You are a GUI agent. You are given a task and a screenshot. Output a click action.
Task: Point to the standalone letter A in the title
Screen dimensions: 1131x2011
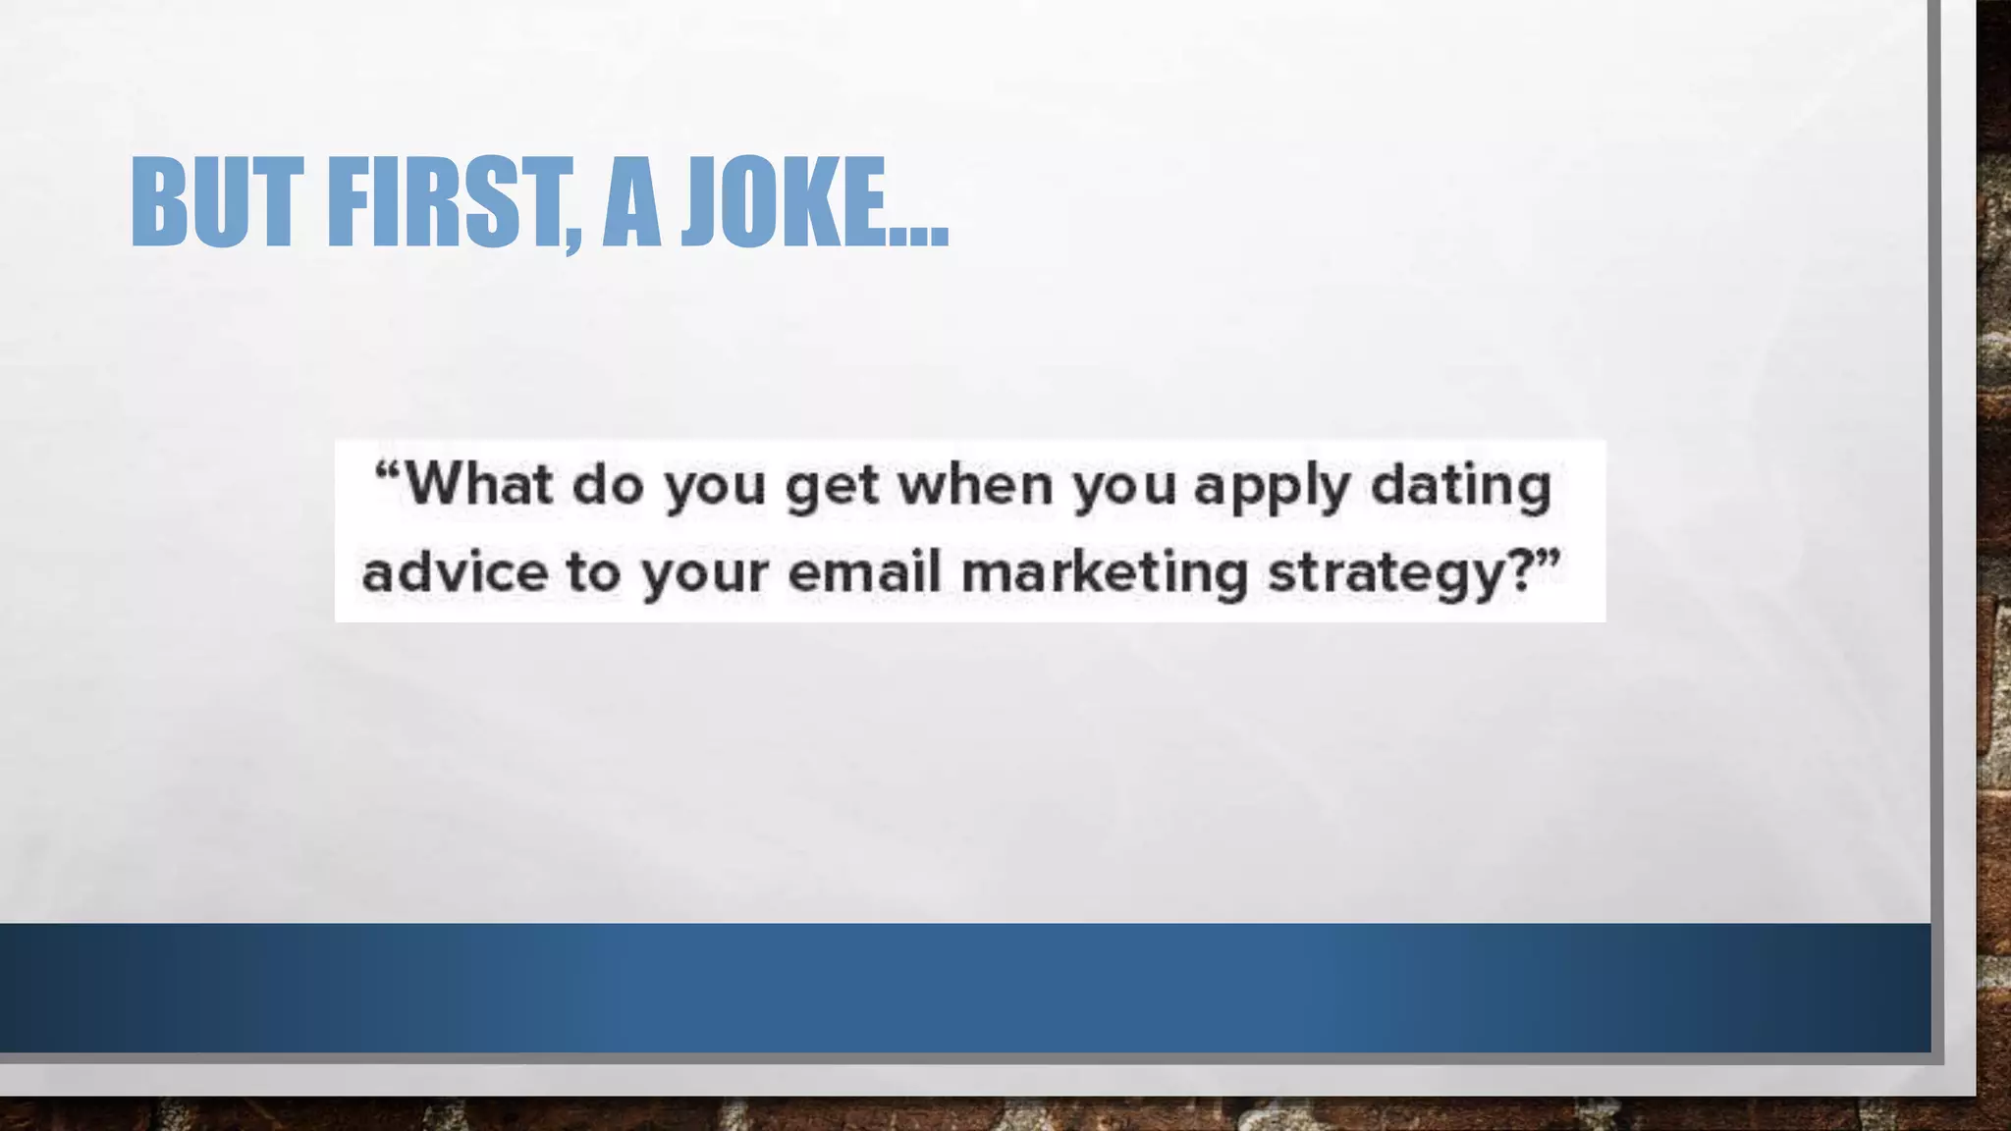point(630,202)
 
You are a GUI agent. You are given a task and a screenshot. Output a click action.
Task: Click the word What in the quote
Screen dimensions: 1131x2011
point(479,484)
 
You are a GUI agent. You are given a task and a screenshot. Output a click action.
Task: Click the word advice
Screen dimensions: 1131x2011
point(455,571)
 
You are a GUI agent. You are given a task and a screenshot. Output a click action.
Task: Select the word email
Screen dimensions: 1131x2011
point(864,571)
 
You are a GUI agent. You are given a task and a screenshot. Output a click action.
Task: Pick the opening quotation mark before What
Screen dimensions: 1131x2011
point(388,469)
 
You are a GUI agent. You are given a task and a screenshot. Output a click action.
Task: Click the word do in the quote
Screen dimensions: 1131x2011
point(607,484)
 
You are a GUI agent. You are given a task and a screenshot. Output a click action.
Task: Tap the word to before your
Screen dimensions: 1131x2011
point(593,571)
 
